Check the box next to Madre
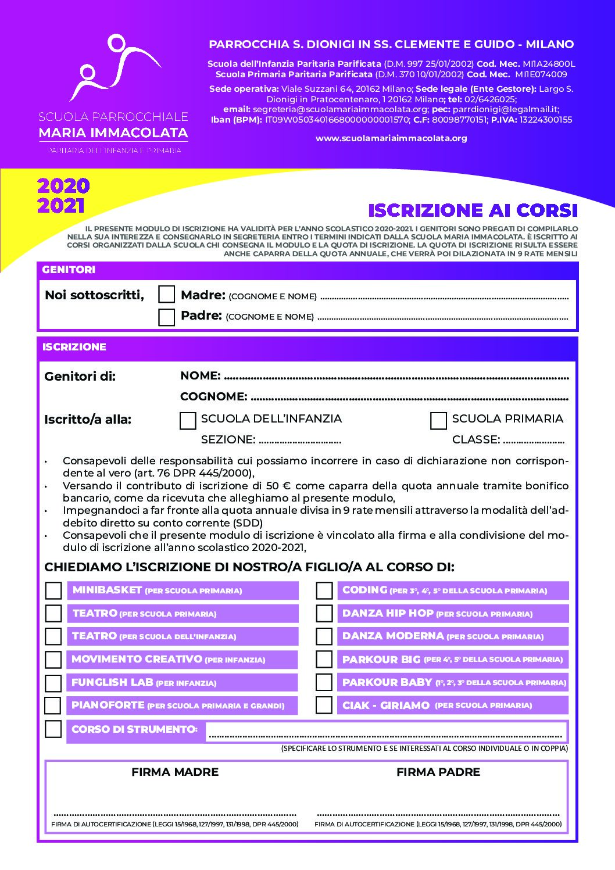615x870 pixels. [x=167, y=295]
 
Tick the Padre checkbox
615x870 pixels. [x=167, y=317]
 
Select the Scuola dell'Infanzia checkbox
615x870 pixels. [x=188, y=421]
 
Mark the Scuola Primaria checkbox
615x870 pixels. [x=438, y=421]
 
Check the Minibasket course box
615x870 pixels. [x=53, y=590]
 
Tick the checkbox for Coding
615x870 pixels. [x=324, y=590]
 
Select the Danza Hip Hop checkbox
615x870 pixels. [x=324, y=614]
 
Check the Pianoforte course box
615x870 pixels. [x=53, y=706]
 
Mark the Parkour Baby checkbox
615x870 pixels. [x=324, y=682]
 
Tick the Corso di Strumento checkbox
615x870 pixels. [x=53, y=729]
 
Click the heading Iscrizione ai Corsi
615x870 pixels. [x=473, y=210]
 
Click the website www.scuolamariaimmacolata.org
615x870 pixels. [x=391, y=138]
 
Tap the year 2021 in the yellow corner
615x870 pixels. [x=61, y=206]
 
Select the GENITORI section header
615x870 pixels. [x=69, y=270]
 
